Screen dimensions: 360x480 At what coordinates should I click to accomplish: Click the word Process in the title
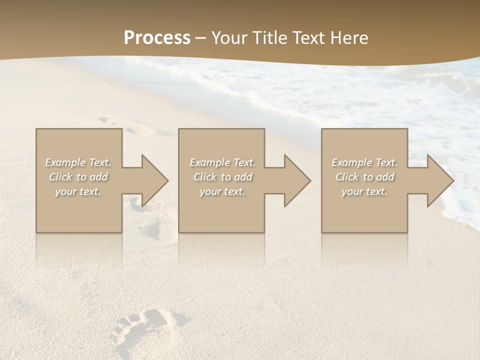[x=157, y=38]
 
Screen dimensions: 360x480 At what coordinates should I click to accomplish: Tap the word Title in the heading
[x=270, y=38]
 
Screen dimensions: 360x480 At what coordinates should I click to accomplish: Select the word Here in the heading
[x=349, y=38]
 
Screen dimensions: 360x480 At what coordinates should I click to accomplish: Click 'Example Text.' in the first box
[x=78, y=162]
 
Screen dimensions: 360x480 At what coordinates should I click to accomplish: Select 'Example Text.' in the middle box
[x=222, y=162]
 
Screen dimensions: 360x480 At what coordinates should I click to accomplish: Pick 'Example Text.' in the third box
[x=364, y=162]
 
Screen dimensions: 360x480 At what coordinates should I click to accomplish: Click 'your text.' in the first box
[x=78, y=191]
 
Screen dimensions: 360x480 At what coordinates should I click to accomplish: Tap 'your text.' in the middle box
[x=222, y=191]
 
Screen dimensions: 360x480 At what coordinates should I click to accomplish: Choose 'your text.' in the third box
[x=364, y=191]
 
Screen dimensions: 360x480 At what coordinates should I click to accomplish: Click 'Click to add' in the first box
[x=78, y=177]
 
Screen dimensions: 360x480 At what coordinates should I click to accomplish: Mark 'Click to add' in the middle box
[x=222, y=177]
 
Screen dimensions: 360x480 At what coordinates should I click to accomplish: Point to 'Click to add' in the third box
[x=364, y=177]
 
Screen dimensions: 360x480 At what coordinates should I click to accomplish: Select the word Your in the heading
[x=230, y=38]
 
